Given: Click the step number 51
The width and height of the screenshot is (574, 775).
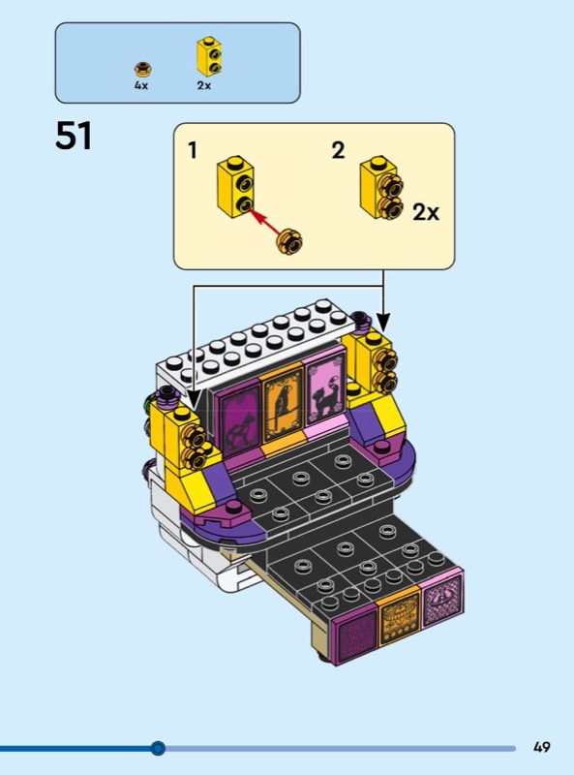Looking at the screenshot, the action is (74, 136).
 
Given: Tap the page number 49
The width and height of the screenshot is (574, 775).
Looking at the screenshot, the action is (541, 747).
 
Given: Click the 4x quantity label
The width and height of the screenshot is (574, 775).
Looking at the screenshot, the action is (141, 85).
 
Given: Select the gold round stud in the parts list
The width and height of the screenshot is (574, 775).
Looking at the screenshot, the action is (142, 69).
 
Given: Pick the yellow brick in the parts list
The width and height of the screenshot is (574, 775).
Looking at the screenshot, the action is (209, 56).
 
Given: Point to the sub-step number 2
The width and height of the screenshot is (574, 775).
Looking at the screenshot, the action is (338, 150).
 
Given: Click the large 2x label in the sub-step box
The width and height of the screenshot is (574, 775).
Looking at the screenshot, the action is (426, 212).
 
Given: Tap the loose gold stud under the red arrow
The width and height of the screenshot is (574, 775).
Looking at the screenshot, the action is (289, 241).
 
